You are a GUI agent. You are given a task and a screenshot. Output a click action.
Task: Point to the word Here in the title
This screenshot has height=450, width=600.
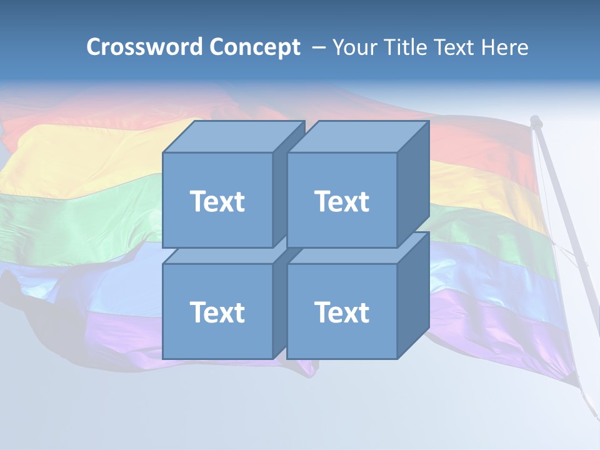(x=505, y=47)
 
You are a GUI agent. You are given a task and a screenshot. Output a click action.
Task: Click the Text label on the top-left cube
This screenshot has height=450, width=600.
(x=217, y=201)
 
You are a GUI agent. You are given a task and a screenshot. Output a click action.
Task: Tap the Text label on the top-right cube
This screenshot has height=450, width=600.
(x=342, y=201)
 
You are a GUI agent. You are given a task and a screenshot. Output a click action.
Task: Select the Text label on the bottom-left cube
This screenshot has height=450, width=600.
(x=217, y=312)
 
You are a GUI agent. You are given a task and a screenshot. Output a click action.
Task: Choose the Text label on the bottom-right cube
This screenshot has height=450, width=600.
(x=342, y=312)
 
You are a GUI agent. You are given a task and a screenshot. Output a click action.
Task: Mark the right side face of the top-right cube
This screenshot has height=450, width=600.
(x=413, y=184)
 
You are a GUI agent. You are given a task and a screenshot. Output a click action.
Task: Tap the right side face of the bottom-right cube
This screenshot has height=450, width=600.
(x=413, y=295)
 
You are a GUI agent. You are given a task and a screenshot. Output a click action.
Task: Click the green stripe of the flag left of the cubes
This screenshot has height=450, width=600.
(x=75, y=209)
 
